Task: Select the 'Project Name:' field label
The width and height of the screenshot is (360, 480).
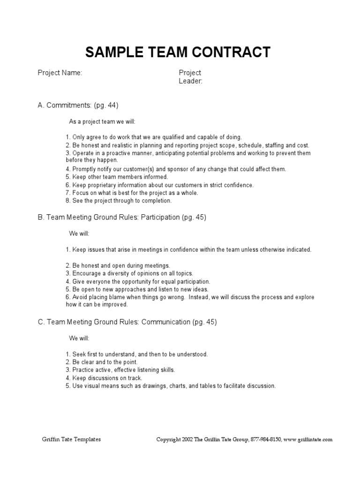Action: [60, 73]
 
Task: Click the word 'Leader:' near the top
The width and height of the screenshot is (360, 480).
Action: [190, 81]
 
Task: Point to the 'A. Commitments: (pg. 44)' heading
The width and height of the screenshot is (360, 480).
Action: [81, 105]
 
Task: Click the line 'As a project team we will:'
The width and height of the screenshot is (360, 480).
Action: [102, 121]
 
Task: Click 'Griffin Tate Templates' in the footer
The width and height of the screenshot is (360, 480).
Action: [71, 440]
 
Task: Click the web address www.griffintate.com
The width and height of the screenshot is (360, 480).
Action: [308, 440]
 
